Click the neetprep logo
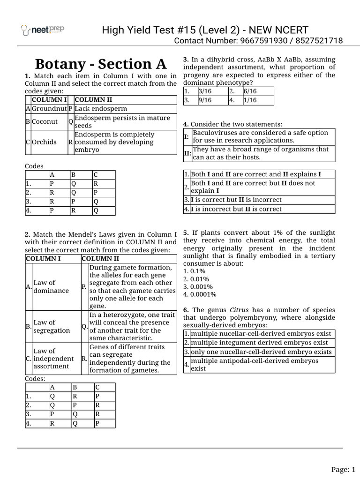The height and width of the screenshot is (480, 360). click(x=43, y=30)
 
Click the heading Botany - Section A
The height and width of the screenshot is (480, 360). click(x=101, y=64)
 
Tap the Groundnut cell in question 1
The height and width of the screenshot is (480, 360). click(x=49, y=108)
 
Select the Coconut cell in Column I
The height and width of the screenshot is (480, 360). click(x=45, y=121)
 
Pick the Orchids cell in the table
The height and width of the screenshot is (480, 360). click(x=44, y=142)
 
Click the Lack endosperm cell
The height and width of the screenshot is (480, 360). click(x=101, y=108)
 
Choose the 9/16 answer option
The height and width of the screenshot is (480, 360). click(x=205, y=100)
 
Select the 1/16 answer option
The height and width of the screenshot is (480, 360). click(x=249, y=100)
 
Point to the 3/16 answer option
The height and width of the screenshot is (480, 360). click(x=205, y=91)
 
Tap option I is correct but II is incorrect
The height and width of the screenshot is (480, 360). click(x=236, y=200)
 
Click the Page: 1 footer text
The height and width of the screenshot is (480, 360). click(x=344, y=469)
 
